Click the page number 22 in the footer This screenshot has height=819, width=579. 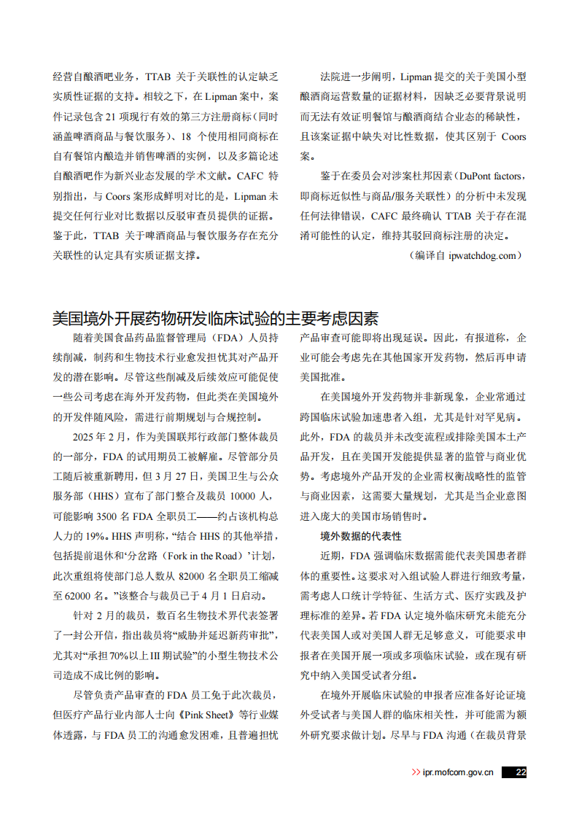pos(520,772)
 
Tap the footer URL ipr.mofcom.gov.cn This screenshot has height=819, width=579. pos(458,772)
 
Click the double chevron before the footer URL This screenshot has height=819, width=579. pos(416,772)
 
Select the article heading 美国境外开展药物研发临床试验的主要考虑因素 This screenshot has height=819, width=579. pos(215,319)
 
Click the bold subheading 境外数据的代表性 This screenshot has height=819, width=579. pos(361,536)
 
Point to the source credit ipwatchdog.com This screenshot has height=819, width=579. pos(484,255)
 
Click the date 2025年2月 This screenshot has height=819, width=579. pos(98,438)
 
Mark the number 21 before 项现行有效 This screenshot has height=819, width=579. pos(112,116)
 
